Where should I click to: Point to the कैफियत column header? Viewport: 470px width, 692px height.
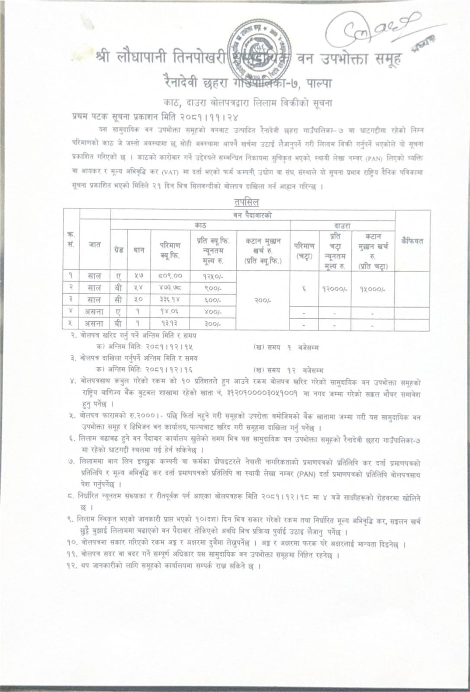pos(412,241)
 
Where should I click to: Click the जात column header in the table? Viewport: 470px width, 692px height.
pos(95,244)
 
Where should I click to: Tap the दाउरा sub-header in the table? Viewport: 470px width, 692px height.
pos(342,225)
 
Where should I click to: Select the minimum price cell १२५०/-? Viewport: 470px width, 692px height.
pos(213,276)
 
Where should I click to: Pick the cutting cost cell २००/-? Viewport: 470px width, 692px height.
pos(262,300)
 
